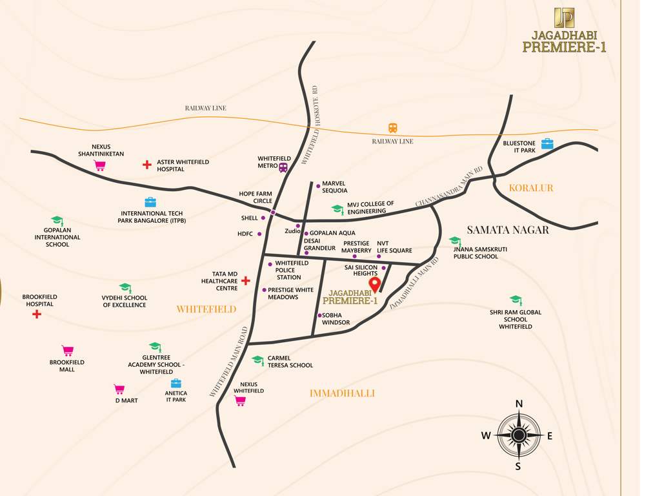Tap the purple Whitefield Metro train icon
tap(283, 167)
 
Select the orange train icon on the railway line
tap(392, 128)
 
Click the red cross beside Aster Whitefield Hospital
tap(147, 165)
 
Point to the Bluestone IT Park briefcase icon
tap(547, 143)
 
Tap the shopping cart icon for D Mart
tap(119, 389)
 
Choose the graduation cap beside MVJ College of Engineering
tap(337, 209)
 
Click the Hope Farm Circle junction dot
tap(273, 212)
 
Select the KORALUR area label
tap(531, 188)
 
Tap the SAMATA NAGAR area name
tap(507, 229)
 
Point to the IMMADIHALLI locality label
tap(342, 393)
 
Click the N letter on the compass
tap(519, 404)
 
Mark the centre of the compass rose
tap(518, 435)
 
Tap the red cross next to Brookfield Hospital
tap(37, 314)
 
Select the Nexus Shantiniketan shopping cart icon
tap(100, 165)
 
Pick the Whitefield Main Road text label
tap(229, 362)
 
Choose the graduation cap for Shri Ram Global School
tap(515, 300)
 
